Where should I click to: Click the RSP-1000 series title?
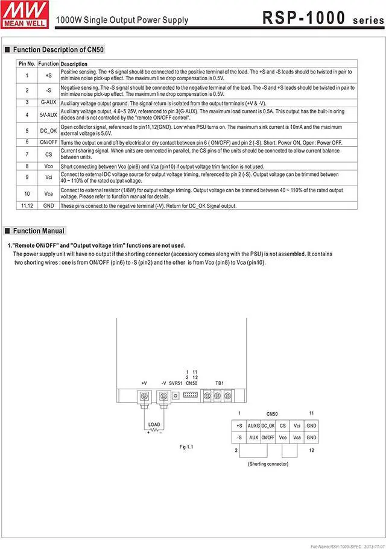pyautogui.click(x=323, y=19)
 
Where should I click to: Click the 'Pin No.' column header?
pyautogui.click(x=27, y=64)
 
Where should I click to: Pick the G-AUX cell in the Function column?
pyautogui.click(x=48, y=102)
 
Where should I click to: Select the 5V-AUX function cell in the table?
pyautogui.click(x=48, y=115)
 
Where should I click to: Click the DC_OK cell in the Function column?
pyautogui.click(x=48, y=130)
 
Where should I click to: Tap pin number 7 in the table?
pyautogui.click(x=27, y=154)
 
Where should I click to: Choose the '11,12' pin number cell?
pyautogui.click(x=27, y=205)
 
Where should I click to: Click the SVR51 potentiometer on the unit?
pyautogui.click(x=176, y=396)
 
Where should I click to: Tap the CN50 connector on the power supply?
pyautogui.click(x=191, y=395)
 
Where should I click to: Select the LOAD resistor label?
pyautogui.click(x=154, y=425)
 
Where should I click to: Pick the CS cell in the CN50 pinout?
pyautogui.click(x=282, y=425)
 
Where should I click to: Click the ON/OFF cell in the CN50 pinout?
pyautogui.click(x=268, y=438)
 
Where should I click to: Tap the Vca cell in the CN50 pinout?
pyautogui.click(x=297, y=438)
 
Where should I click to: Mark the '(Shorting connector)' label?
pyautogui.click(x=268, y=463)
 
